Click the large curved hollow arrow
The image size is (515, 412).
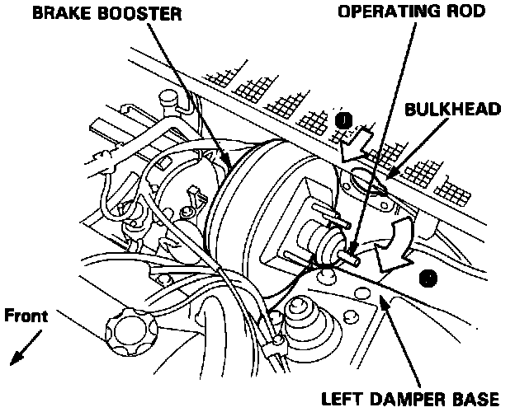click(395, 247)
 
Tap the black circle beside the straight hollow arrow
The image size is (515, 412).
click(345, 121)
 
